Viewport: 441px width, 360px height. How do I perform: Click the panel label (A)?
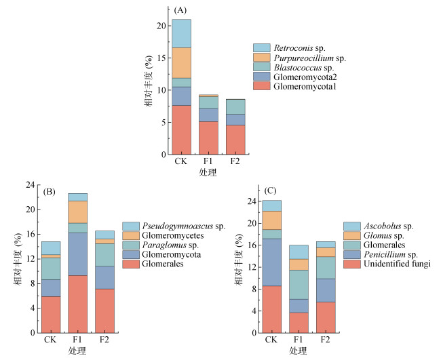180,10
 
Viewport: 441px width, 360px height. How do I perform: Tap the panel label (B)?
49,192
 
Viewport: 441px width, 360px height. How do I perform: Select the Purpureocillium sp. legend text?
311,58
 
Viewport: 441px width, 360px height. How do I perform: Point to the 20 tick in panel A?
160,26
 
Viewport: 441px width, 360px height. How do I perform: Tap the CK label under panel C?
271,340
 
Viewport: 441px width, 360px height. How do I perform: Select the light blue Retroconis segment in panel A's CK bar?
181,33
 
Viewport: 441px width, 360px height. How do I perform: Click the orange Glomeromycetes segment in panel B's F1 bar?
77,212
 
